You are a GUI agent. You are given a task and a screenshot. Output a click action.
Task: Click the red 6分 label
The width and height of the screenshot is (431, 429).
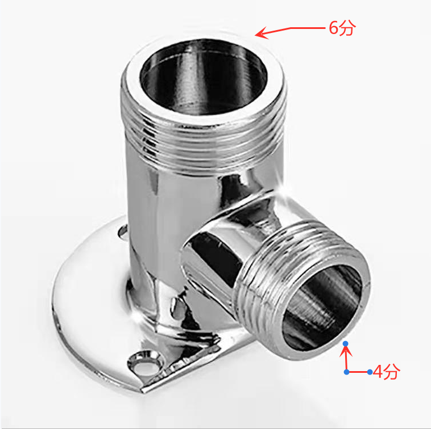tap(342, 28)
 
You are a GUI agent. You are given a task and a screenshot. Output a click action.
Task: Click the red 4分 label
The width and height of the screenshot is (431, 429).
tap(387, 372)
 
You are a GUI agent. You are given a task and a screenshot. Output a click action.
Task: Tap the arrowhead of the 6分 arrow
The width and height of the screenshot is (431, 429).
tap(261, 33)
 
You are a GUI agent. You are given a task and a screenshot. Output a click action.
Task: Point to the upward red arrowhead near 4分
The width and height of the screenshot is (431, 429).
tap(346, 352)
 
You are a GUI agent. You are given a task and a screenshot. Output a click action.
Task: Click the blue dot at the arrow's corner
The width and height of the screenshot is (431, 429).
tap(347, 372)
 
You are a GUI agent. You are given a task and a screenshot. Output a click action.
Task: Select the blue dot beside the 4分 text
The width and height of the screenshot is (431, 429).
tap(370, 372)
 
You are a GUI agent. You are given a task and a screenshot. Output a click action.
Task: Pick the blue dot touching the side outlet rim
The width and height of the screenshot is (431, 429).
tap(346, 344)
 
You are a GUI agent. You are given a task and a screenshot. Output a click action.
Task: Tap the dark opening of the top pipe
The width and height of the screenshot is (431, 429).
tap(204, 77)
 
